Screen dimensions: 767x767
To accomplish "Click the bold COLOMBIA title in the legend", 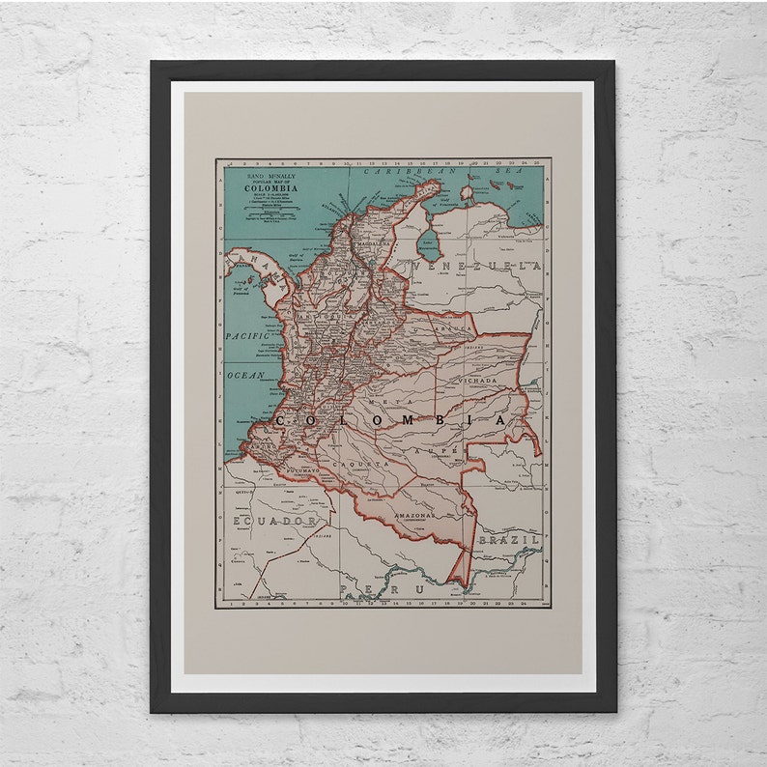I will pyautogui.click(x=270, y=188).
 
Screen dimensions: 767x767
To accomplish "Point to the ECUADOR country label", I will pyautogui.click(x=274, y=521).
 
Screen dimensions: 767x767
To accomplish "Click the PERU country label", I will pyautogui.click(x=371, y=587).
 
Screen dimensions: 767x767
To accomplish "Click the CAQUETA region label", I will pyautogui.click(x=367, y=465).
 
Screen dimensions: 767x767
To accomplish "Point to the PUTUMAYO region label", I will pyautogui.click(x=301, y=470).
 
